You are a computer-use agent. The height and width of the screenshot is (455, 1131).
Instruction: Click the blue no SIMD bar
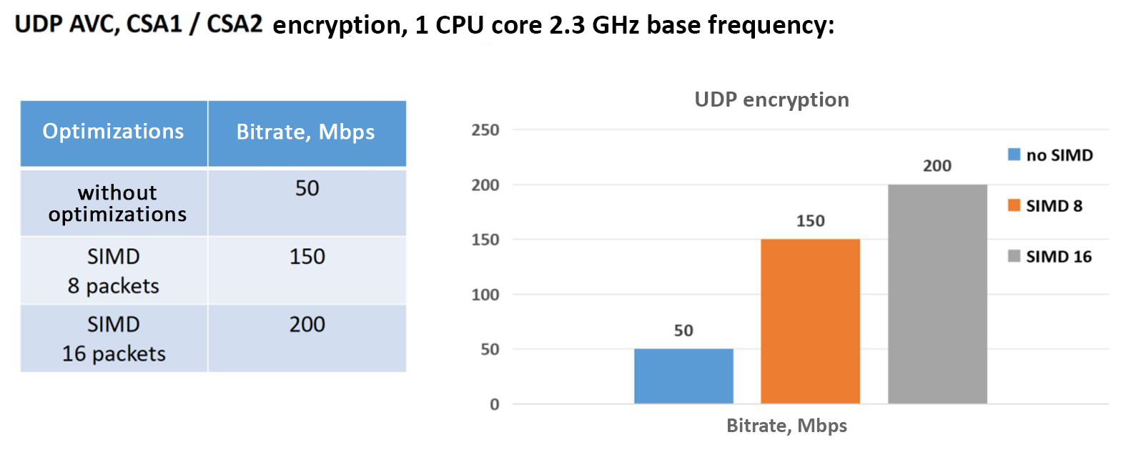pyautogui.click(x=683, y=376)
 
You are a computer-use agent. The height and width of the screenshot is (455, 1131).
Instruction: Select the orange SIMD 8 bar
pyautogui.click(x=810, y=321)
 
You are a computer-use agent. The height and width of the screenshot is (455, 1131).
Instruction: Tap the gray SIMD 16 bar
pyautogui.click(x=937, y=294)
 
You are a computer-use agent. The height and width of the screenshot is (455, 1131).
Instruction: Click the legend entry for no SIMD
pyautogui.click(x=1050, y=155)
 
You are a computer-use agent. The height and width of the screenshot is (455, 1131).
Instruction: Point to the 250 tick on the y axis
pyautogui.click(x=485, y=130)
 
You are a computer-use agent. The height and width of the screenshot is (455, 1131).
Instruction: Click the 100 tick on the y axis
pyautogui.click(x=485, y=295)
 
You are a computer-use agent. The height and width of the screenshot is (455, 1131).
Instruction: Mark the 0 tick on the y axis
pyautogui.click(x=494, y=405)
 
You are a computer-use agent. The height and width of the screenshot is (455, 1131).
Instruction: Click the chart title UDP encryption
pyautogui.click(x=771, y=99)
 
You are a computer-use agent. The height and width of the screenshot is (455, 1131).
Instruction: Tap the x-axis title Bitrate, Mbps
pyautogui.click(x=786, y=426)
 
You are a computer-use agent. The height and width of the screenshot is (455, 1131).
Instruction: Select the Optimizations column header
pyautogui.click(x=114, y=132)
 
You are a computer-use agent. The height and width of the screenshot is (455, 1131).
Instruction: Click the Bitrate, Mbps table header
pyautogui.click(x=306, y=132)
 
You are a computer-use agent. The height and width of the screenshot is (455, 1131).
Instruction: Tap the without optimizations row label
pyautogui.click(x=117, y=203)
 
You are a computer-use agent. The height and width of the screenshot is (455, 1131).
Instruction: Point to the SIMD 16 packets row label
pyautogui.click(x=114, y=339)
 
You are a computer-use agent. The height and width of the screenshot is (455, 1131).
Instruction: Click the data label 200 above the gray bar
pyautogui.click(x=937, y=166)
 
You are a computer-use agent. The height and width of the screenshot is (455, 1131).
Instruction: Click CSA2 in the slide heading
pyautogui.click(x=234, y=24)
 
